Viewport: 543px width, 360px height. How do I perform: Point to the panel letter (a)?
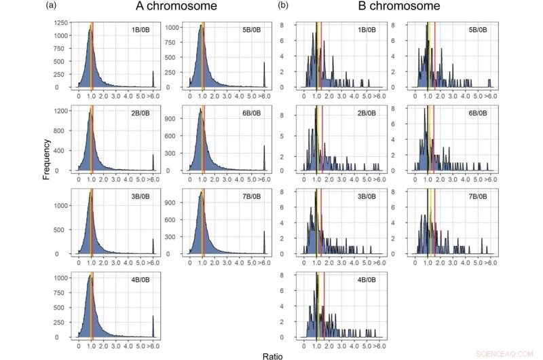pos(51,6)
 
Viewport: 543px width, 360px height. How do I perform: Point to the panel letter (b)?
pos(283,6)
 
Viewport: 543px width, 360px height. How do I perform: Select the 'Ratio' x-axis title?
pos(275,355)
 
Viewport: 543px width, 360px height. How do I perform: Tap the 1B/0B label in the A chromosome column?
pos(141,31)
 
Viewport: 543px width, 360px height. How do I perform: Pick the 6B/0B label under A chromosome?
pos(251,114)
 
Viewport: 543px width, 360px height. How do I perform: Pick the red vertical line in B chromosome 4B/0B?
pos(324,306)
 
